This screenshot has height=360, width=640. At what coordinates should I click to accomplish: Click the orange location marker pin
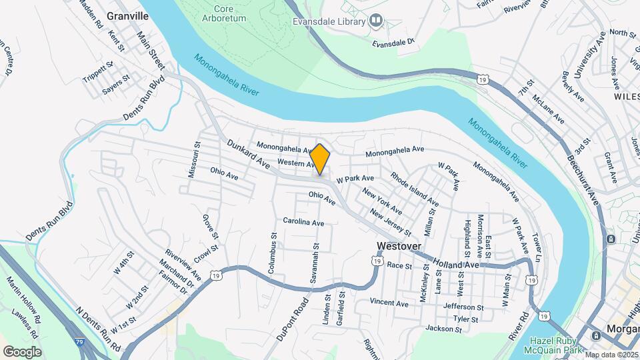(x=320, y=159)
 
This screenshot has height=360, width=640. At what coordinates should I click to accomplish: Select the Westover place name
(x=399, y=246)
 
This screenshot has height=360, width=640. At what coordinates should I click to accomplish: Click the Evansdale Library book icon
(x=376, y=21)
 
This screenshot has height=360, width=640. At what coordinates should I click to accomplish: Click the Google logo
(x=22, y=351)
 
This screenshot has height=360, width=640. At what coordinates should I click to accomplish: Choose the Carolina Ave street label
(x=303, y=221)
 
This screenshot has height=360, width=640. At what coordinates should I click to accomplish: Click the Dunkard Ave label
(x=248, y=153)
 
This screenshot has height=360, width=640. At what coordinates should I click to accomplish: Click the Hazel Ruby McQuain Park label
(x=547, y=342)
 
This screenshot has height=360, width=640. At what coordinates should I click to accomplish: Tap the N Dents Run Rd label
(x=98, y=329)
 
